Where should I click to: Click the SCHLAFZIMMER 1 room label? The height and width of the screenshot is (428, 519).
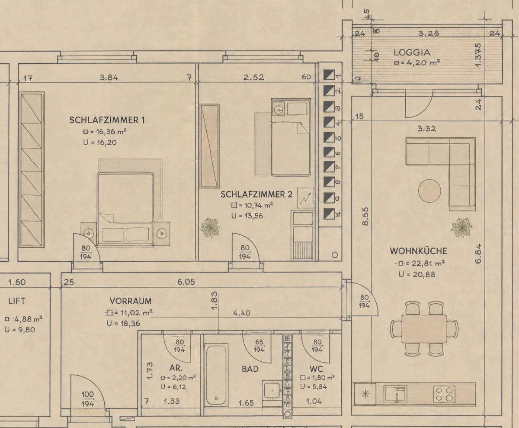click(x=107, y=120)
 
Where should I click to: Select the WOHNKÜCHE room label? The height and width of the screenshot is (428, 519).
click(x=418, y=251)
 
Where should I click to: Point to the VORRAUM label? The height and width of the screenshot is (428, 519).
click(x=131, y=301)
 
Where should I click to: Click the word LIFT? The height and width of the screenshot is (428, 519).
click(x=17, y=301)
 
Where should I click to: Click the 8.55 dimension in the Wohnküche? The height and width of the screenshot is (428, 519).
click(x=365, y=216)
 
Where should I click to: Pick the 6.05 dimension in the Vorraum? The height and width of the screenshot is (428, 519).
click(x=186, y=282)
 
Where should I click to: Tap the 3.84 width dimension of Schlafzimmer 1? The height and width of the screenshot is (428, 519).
click(x=109, y=78)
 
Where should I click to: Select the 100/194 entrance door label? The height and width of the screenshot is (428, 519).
click(x=88, y=399)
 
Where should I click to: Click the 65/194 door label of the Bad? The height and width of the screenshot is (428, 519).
click(x=259, y=346)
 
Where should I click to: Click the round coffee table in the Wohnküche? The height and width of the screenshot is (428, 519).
click(x=429, y=191)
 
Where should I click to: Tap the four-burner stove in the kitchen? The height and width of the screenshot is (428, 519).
click(x=444, y=395)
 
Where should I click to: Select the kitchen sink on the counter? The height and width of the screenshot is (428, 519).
click(x=395, y=394)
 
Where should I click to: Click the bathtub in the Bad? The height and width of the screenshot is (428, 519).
click(x=216, y=375)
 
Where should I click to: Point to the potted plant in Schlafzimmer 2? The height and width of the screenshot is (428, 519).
click(x=210, y=227)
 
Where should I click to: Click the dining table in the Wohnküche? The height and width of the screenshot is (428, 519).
click(x=424, y=329)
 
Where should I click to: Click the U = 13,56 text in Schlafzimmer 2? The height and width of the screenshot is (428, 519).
click(x=247, y=216)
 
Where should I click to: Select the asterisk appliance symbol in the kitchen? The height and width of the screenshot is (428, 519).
click(x=365, y=394)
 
